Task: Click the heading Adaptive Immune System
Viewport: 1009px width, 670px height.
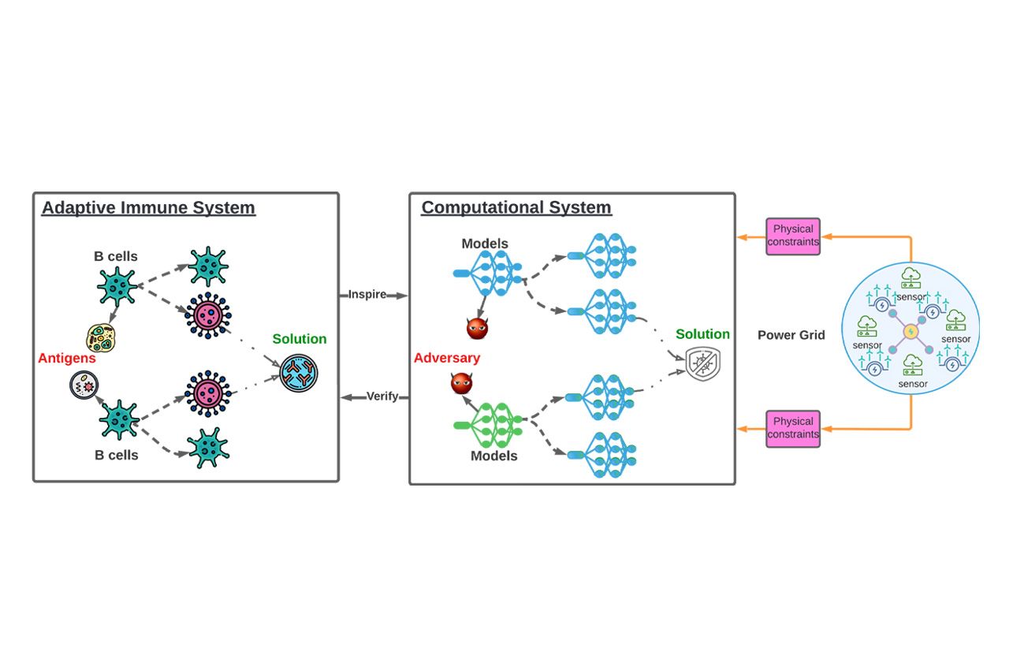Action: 148,208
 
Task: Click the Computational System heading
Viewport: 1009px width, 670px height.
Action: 516,208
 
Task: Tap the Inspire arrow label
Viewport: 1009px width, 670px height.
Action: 367,295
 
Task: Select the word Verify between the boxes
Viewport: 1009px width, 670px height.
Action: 382,396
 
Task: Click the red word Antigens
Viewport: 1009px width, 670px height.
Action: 66,359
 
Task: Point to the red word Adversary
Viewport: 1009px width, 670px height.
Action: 446,359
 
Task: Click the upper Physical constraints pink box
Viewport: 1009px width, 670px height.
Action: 793,236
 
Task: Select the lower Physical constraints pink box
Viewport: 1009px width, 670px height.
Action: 793,428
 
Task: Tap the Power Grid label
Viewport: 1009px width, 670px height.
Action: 791,335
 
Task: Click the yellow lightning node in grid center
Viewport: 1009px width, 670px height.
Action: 910,331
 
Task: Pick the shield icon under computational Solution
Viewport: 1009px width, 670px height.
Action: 702,364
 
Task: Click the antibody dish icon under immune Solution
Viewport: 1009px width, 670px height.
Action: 299,372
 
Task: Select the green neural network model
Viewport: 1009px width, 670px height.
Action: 493,426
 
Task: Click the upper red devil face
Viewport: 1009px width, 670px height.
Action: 477,328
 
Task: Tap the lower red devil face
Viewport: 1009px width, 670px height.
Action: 462,384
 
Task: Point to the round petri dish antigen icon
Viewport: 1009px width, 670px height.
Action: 83,385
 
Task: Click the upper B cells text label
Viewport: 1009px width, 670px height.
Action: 116,256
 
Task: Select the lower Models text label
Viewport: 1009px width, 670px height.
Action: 493,456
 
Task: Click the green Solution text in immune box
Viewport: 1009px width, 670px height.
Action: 299,339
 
